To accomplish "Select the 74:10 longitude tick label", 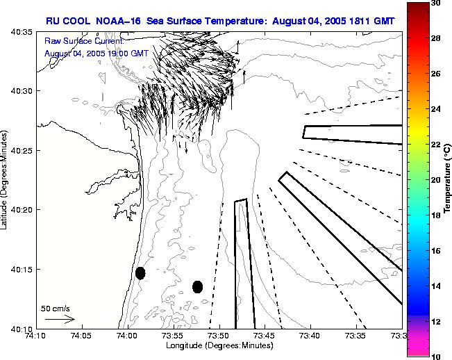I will coord(36,336).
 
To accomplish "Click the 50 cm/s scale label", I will coord(55,307).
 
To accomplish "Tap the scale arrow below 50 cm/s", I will coord(60,319).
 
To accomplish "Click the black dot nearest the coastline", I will coord(140,273).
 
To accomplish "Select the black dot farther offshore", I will coord(197,286).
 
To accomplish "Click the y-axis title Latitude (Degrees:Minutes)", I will coord(6,179).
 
